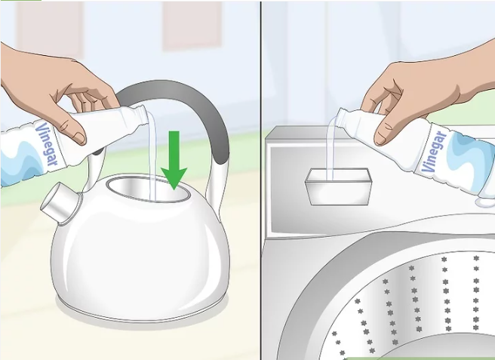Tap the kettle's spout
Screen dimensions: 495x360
click(x=60, y=203)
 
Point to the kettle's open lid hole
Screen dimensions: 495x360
click(x=149, y=189)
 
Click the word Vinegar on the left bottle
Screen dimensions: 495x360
click(x=47, y=143)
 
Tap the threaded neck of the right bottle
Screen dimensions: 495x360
click(x=343, y=117)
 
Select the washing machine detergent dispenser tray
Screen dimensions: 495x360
click(x=338, y=186)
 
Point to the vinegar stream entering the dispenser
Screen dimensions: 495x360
click(x=331, y=149)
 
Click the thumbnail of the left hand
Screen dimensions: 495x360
click(x=79, y=137)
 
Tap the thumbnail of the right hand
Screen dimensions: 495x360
click(x=381, y=140)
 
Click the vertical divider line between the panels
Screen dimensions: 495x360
click(x=261, y=180)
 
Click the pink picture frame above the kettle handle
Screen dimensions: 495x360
click(x=192, y=25)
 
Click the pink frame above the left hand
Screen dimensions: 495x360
click(x=50, y=29)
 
